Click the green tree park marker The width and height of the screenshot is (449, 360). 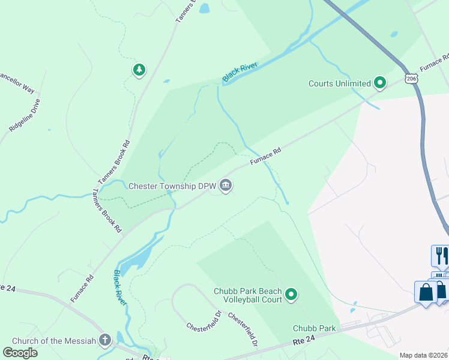[x=139, y=70]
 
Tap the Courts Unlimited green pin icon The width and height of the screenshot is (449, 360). [x=379, y=83]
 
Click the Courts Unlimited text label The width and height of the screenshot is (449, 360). [x=339, y=83]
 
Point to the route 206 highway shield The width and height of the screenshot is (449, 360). [x=411, y=78]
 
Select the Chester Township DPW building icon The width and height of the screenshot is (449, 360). [x=226, y=185]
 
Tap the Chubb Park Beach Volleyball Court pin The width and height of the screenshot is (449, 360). [x=291, y=294]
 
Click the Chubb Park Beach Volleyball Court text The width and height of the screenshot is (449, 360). [x=247, y=295]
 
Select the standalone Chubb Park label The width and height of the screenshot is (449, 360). [x=314, y=328]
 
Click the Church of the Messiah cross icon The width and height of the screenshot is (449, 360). [x=105, y=340]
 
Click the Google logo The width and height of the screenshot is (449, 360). [x=20, y=352]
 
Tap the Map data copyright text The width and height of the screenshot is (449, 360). [x=423, y=355]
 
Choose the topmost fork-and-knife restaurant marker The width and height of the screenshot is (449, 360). [x=440, y=254]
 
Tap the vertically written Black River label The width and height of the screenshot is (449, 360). [x=120, y=287]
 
